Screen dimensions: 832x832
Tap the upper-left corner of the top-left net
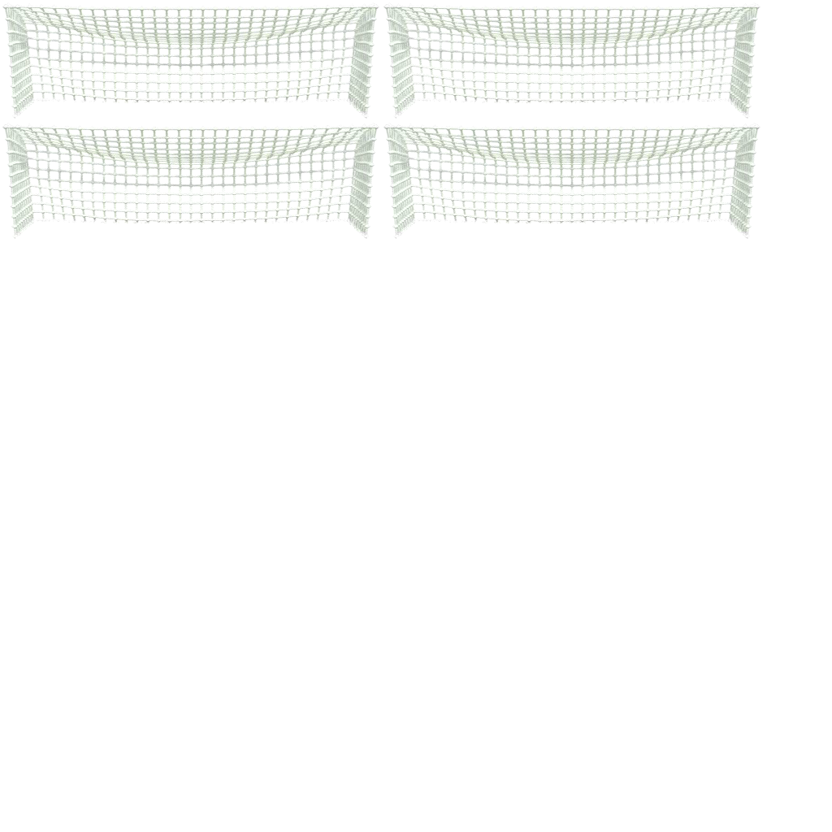(x=7, y=8)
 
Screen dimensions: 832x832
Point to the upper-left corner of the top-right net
(x=388, y=8)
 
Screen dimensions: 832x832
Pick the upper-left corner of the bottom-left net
(x=7, y=128)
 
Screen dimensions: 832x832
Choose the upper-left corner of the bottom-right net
(x=388, y=128)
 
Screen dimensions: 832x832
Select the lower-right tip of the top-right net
(x=747, y=115)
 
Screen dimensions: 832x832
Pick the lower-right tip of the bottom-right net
(x=747, y=236)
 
